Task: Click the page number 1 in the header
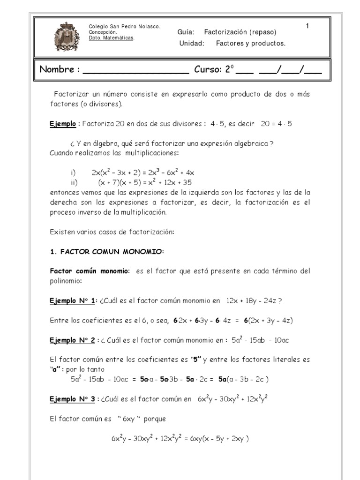(307, 26)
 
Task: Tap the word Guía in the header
(186, 32)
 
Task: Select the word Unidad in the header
(192, 44)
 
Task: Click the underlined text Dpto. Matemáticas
(112, 38)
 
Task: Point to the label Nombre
(60, 70)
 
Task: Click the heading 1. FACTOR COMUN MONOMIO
(107, 252)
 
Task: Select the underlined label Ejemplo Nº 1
(72, 301)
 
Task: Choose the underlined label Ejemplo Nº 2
(72, 340)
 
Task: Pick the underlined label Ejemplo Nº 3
(72, 399)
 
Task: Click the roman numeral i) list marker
(73, 172)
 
